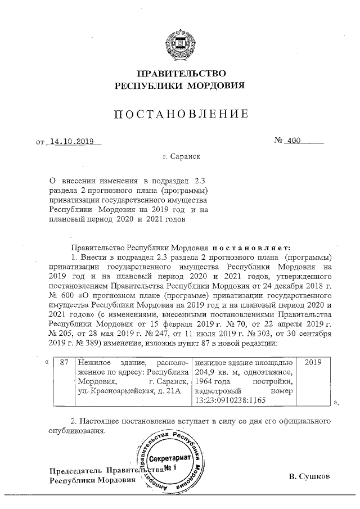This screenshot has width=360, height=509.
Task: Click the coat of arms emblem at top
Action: [180, 44]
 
